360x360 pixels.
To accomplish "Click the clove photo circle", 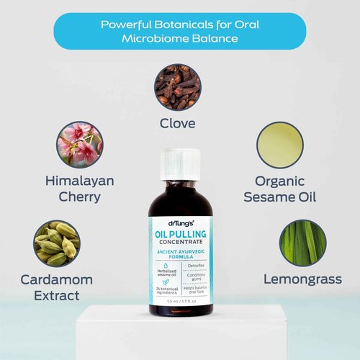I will pos(177,87).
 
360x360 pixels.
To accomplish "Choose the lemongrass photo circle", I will pos(303,243).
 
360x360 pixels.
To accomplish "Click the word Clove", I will pos(177,123).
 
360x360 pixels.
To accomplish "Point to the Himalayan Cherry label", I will pos(79,189).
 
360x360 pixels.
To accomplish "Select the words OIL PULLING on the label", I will pos(180,232).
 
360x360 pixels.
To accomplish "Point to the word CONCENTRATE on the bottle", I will pos(180,241).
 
